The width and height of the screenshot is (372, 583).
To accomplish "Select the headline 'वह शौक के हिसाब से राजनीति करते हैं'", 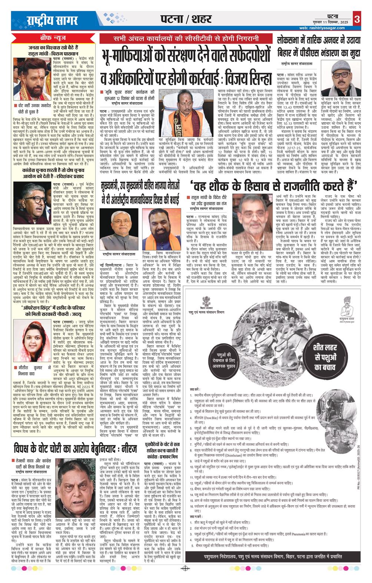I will pos(274,184).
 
